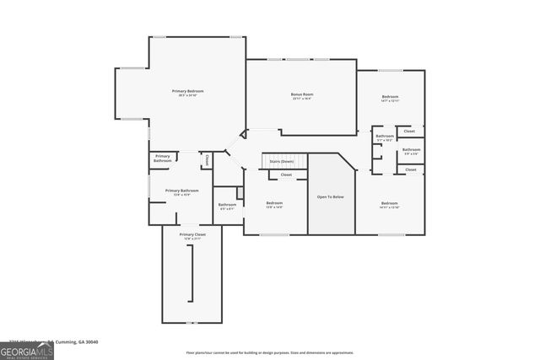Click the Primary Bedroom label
[187, 92]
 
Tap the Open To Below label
[330, 196]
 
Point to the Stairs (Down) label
[281, 161]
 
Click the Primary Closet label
[192, 235]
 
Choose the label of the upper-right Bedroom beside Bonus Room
[389, 98]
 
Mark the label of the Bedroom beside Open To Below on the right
[388, 204]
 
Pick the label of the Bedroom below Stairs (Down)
[275, 203]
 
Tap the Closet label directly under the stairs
[286, 175]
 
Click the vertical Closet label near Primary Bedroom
[206, 159]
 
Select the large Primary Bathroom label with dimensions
[181, 192]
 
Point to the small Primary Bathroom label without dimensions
[162, 158]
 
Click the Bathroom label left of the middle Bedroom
[227, 205]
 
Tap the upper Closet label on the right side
[409, 132]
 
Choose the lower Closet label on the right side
[410, 169]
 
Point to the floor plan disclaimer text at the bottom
[270, 353]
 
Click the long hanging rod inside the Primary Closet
[192, 277]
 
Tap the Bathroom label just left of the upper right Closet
[385, 137]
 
